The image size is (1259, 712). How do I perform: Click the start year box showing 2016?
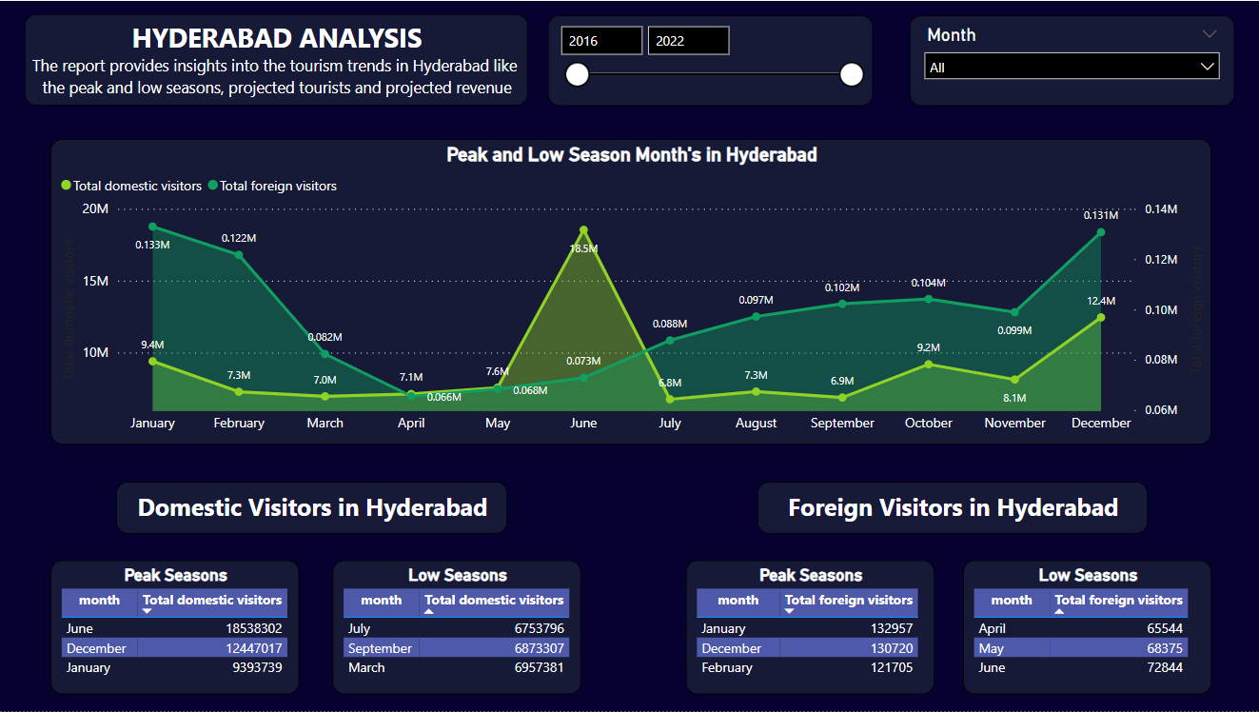coord(601,41)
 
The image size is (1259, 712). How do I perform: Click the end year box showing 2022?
coord(688,41)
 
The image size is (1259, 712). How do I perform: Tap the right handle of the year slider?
coord(852,74)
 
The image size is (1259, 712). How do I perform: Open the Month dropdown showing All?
coord(1072,68)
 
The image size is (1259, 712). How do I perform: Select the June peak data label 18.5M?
coord(583,248)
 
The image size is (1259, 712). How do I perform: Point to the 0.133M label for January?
coord(152,245)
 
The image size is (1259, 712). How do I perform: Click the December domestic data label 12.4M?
coord(1100,301)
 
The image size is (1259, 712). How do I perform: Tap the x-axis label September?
coord(842,423)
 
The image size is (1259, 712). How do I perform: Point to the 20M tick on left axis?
coord(96,209)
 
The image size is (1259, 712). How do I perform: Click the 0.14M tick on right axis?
coord(1161,209)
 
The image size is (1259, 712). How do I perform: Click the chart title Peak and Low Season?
coord(631,154)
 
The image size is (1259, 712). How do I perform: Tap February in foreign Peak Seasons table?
coord(727,667)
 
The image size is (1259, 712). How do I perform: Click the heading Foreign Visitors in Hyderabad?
coord(953,507)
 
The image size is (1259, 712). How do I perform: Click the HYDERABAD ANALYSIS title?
coord(277,38)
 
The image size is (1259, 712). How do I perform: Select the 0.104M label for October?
coord(928,283)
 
